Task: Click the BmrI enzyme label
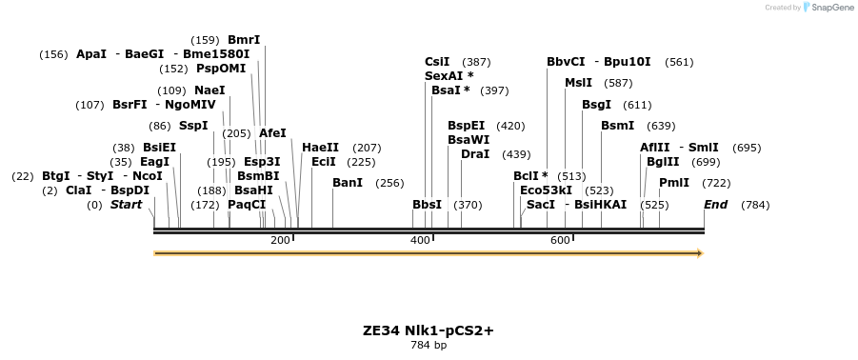[x=244, y=40]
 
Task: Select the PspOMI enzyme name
[x=221, y=69]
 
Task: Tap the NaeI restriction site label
[x=210, y=90]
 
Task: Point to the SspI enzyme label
[x=193, y=126]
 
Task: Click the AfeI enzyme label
[x=272, y=133]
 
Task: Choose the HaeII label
[x=320, y=148]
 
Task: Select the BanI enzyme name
[x=348, y=183]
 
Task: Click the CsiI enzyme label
[x=437, y=62]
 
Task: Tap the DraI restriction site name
[x=475, y=154]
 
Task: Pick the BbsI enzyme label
[x=427, y=205]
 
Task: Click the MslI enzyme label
[x=578, y=83]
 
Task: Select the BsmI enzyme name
[x=617, y=126]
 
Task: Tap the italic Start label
[x=126, y=205]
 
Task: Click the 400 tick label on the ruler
[x=420, y=241]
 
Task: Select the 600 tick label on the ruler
[x=560, y=241]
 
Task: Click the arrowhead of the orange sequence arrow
[x=700, y=253]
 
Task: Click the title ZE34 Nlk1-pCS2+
[x=428, y=330]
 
